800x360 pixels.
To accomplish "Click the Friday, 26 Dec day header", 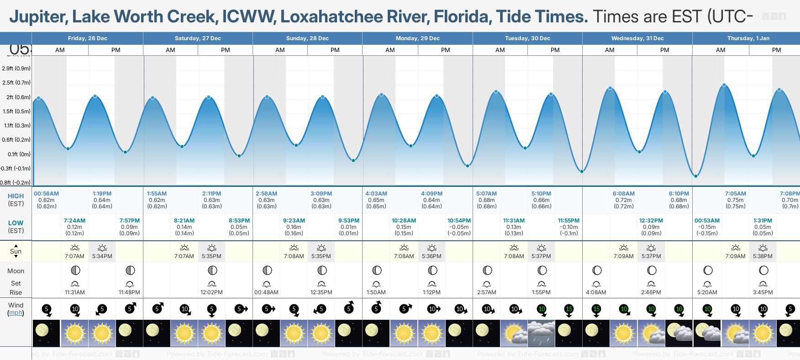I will pos(87,38).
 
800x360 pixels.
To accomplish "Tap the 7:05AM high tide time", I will pos(735,194).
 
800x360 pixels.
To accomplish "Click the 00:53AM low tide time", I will pos(707,221).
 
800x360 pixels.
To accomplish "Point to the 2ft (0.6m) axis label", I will pos(16,97).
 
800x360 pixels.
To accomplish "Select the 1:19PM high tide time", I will pos(102,194).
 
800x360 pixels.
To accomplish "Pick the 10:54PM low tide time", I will pos(459,221).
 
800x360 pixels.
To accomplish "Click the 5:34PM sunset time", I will pos(102,256).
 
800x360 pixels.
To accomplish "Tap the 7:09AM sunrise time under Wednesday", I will pos(623,256).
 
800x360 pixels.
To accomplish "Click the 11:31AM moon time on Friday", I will pos(75,292).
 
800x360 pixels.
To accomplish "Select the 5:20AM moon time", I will pos(707,292).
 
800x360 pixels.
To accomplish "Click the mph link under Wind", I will pos(16,313).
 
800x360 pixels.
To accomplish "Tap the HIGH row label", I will pos(16,196).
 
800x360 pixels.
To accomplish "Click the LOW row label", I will pos(16,223).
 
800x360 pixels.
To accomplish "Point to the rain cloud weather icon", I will pos(541,333).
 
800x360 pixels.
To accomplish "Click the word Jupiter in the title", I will pos(38,17).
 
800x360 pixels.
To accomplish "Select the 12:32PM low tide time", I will pos(651,221).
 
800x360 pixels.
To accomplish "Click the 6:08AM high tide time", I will pos(623,194).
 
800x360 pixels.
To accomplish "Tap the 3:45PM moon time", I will pos(763,292).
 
